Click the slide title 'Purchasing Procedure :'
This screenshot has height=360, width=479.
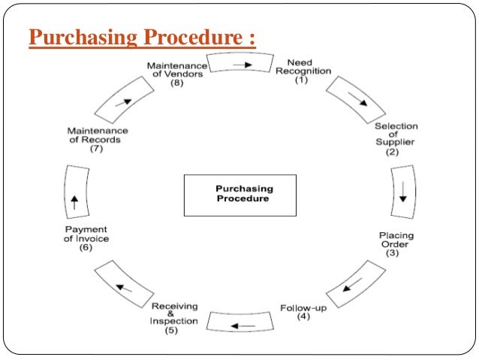tap(142, 37)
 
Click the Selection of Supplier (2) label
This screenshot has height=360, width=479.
tap(396, 138)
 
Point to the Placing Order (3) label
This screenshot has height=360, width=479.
tap(396, 244)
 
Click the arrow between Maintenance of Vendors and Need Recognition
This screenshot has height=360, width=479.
tap(241, 65)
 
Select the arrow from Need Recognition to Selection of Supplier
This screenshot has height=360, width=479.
tap(358, 98)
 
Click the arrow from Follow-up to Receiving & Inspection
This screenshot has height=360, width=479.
tap(241, 325)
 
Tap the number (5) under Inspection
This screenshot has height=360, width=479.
tap(174, 331)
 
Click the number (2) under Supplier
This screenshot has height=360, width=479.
tap(392, 152)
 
